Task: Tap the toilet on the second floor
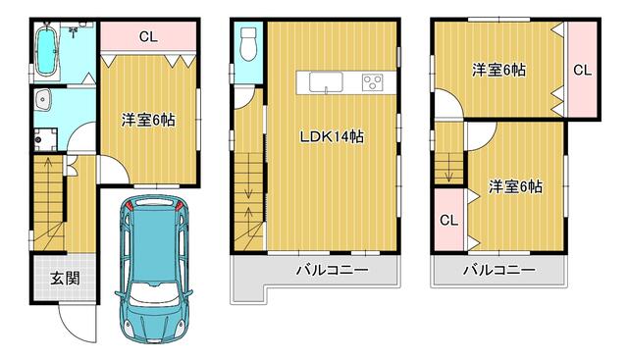click(x=248, y=43)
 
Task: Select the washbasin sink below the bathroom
click(x=42, y=100)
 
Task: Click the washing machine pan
click(x=45, y=139)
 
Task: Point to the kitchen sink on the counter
click(x=326, y=82)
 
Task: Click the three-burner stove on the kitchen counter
click(x=373, y=82)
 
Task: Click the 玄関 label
click(x=65, y=278)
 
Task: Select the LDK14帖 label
click(x=332, y=137)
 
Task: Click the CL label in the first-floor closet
click(x=148, y=37)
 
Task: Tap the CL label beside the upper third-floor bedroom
click(x=582, y=70)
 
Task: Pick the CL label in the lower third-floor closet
click(x=448, y=220)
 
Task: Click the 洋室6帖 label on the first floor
click(x=148, y=120)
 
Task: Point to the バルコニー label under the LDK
click(x=332, y=270)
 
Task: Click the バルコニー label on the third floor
click(x=499, y=270)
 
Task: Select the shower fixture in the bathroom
click(x=74, y=31)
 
